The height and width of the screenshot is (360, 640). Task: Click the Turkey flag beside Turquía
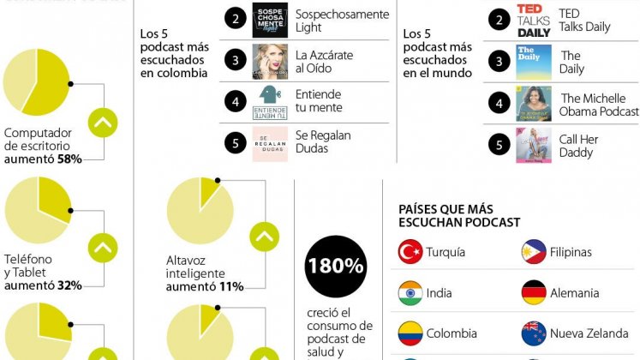(x=410, y=252)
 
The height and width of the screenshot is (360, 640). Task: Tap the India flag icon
(x=410, y=293)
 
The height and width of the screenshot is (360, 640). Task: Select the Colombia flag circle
(x=410, y=333)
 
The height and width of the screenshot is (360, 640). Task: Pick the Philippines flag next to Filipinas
(x=534, y=252)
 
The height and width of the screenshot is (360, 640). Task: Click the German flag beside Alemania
(x=534, y=293)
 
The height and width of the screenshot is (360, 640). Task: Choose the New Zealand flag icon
(x=534, y=333)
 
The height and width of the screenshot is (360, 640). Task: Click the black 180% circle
(x=336, y=267)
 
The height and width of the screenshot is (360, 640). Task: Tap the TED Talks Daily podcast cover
(x=534, y=21)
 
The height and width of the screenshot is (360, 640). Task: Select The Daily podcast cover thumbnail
(x=534, y=62)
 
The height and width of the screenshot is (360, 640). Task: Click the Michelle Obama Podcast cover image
(x=534, y=103)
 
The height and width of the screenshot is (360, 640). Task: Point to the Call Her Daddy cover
(x=534, y=144)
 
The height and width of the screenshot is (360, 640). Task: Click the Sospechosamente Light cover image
(x=270, y=21)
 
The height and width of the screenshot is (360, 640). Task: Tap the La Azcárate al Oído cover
(x=270, y=62)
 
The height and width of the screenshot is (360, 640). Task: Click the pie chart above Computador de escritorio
(x=36, y=82)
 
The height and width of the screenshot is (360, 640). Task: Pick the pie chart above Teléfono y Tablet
(x=38, y=210)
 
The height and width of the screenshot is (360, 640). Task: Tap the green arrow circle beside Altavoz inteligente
(x=264, y=237)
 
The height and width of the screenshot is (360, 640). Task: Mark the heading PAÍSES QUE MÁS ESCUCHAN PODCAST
(x=459, y=215)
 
